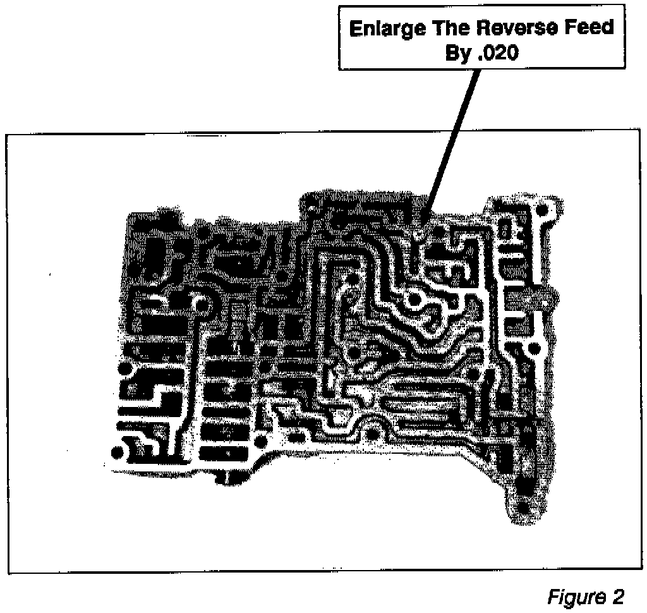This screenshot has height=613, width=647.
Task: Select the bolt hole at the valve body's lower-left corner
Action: point(117,452)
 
